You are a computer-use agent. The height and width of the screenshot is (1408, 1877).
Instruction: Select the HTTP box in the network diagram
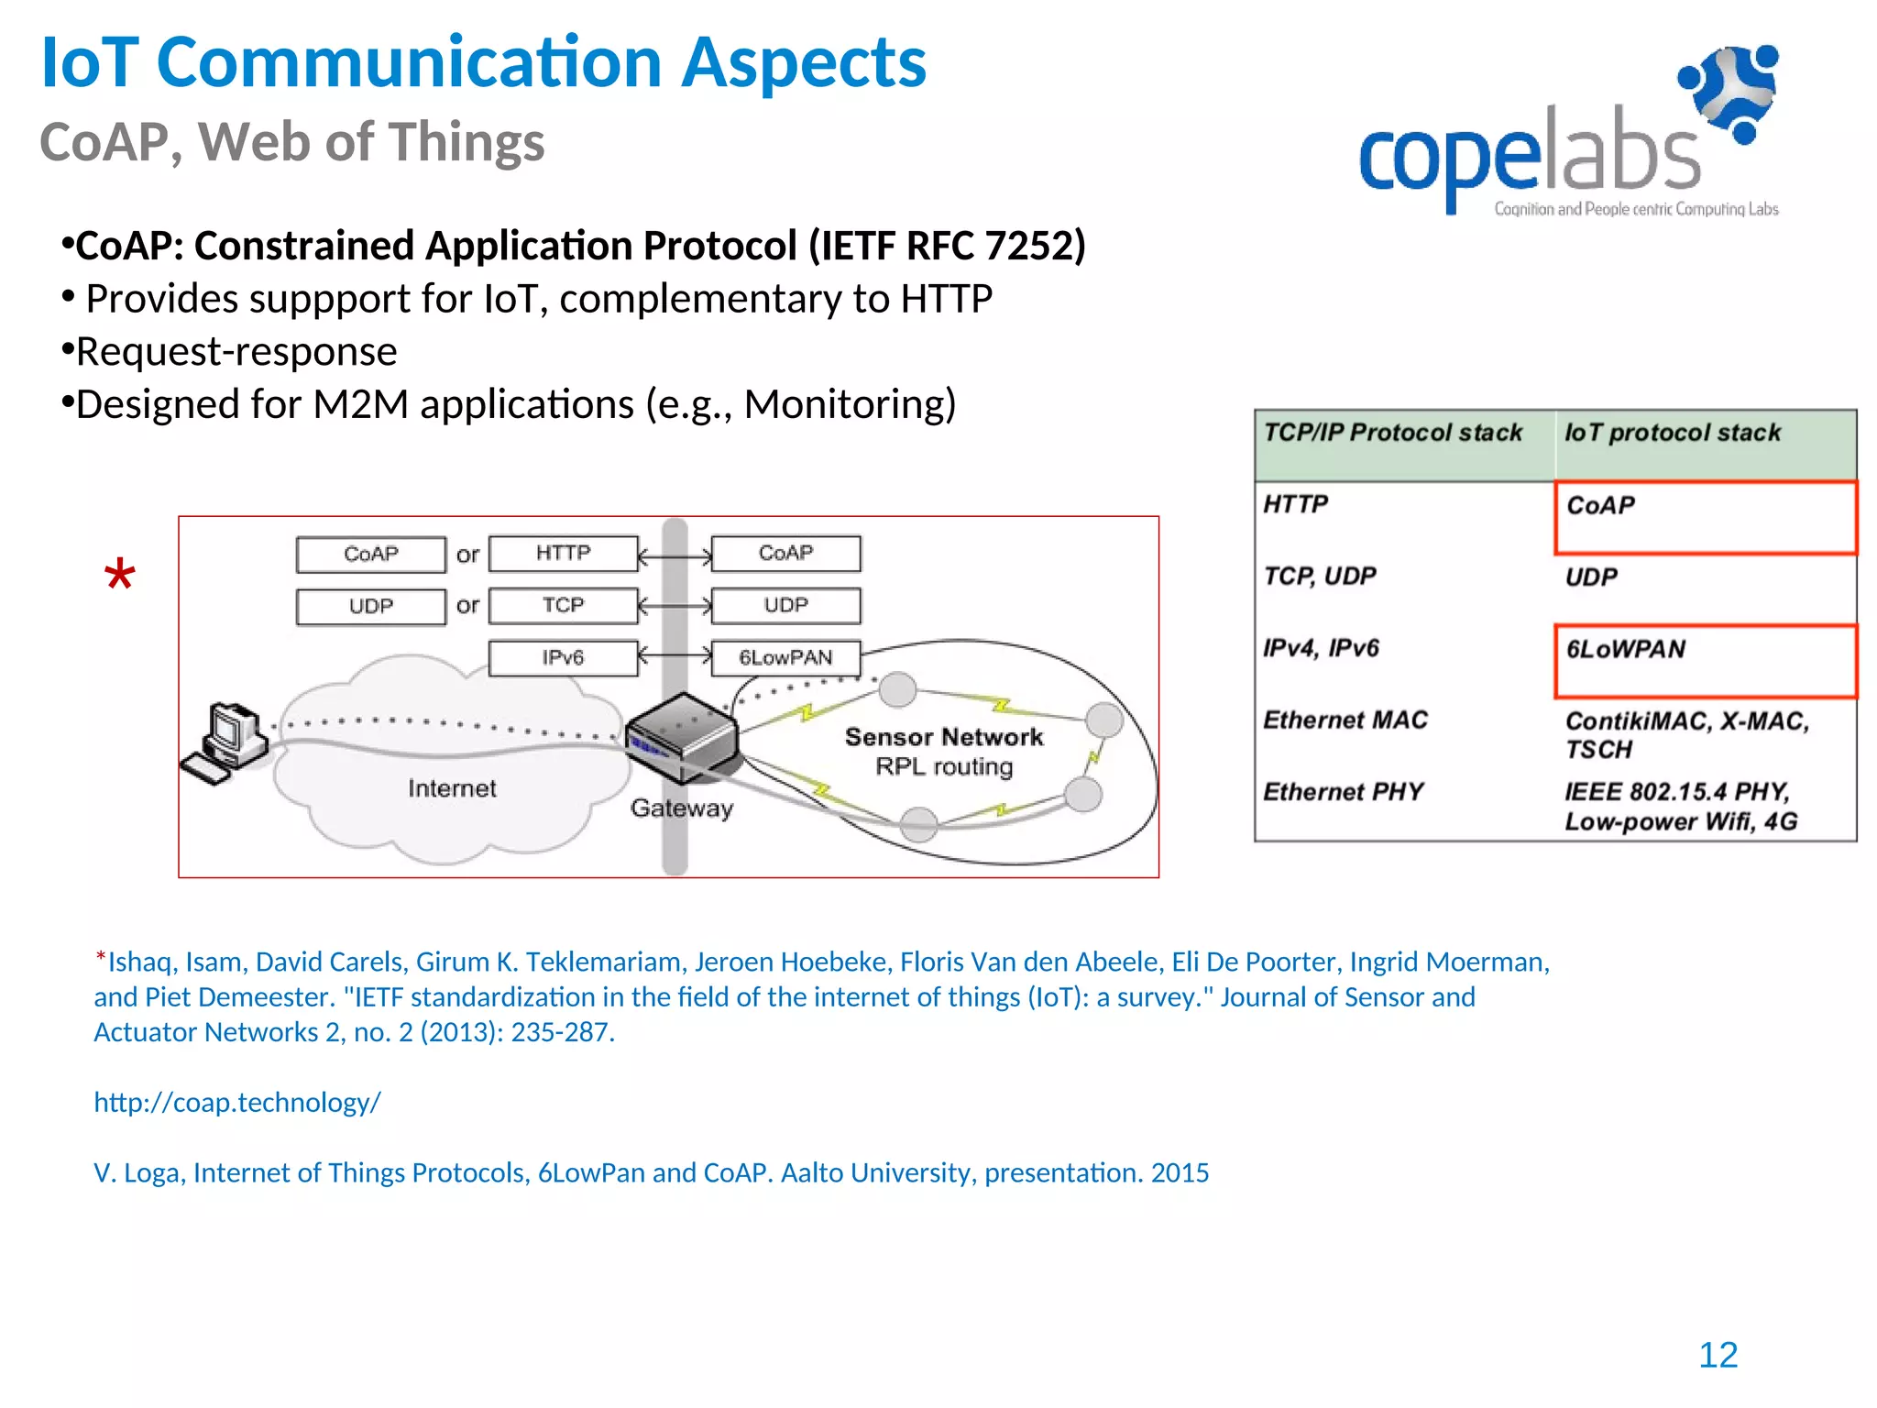(563, 554)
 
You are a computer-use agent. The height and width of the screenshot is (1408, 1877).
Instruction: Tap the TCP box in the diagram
(563, 606)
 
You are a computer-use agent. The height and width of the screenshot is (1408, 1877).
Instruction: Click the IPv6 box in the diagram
(563, 658)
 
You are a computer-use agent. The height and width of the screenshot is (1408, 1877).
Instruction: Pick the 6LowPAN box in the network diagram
(785, 658)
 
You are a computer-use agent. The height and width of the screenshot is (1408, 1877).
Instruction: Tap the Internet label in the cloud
(452, 788)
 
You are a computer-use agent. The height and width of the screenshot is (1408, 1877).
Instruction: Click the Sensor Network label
(943, 737)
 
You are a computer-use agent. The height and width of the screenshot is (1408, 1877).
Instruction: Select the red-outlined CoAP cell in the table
(1705, 518)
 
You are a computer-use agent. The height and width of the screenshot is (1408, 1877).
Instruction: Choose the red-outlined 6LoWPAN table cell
(1705, 661)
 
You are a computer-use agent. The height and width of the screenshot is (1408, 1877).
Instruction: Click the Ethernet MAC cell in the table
(1345, 720)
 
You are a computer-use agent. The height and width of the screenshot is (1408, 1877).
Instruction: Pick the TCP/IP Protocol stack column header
(1393, 433)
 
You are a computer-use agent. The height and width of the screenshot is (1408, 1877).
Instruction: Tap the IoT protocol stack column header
(1672, 433)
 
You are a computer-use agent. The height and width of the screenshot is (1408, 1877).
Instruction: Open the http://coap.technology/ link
(237, 1102)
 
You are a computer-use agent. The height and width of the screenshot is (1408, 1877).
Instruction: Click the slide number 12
(1718, 1355)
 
